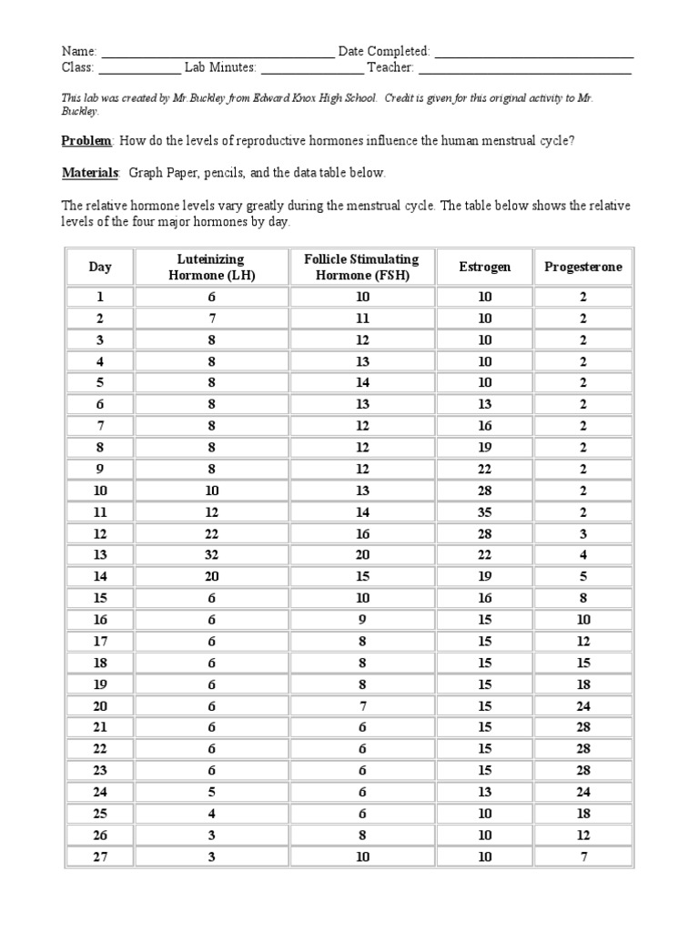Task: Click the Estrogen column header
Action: pyautogui.click(x=485, y=267)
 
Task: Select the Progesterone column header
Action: pyautogui.click(x=583, y=267)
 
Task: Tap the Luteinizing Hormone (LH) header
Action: pyautogui.click(x=211, y=267)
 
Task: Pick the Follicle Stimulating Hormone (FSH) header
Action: pyautogui.click(x=363, y=267)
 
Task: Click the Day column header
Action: pyautogui.click(x=100, y=267)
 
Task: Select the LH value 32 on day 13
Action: pyautogui.click(x=211, y=555)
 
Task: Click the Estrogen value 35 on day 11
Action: pyautogui.click(x=485, y=512)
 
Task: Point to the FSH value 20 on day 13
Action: pyautogui.click(x=363, y=555)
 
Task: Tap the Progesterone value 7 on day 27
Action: pyautogui.click(x=583, y=856)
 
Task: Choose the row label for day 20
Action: pyautogui.click(x=100, y=705)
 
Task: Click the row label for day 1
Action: pyautogui.click(x=100, y=298)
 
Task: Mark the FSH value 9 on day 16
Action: pyautogui.click(x=363, y=620)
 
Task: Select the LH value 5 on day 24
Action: pyautogui.click(x=211, y=792)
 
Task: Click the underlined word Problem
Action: pyautogui.click(x=86, y=140)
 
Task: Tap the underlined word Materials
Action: pyautogui.click(x=89, y=172)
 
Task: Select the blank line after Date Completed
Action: pyautogui.click(x=532, y=53)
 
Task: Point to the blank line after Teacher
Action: pyautogui.click(x=525, y=68)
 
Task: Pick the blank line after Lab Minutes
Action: pyautogui.click(x=311, y=68)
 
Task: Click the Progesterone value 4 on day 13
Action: pyautogui.click(x=583, y=555)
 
